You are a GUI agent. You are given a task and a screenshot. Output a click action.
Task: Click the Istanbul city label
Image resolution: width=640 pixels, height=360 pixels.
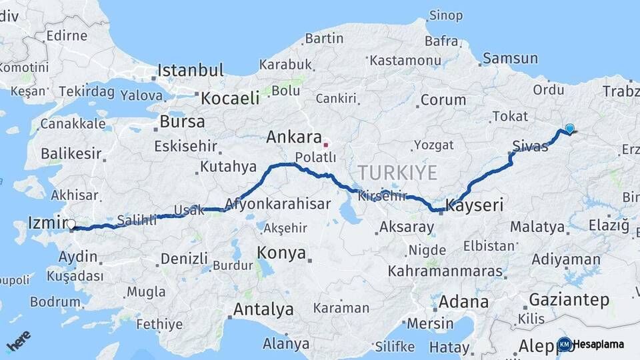coord(191,71)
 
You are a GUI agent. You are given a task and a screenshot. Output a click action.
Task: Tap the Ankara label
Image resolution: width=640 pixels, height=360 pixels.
coord(294,137)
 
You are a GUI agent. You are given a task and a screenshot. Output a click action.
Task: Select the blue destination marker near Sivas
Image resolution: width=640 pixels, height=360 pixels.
coord(569,129)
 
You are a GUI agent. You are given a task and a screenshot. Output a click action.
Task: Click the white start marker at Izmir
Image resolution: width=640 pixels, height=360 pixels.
coord(71,225)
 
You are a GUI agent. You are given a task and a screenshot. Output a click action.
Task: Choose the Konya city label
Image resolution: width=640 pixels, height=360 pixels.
coord(281,253)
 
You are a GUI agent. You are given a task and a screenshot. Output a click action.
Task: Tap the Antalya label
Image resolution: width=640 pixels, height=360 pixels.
coord(263,309)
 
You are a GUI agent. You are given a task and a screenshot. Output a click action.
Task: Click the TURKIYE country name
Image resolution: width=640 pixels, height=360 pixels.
coord(398,173)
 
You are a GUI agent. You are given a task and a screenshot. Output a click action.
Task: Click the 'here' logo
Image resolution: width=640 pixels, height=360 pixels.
coord(18,341)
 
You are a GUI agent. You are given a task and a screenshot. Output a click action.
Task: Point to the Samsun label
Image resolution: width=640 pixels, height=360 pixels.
coord(510,59)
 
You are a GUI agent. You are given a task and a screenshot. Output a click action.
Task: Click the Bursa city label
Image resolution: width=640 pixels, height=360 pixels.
coord(182,122)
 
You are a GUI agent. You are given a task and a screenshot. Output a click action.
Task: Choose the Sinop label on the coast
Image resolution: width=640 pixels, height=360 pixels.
coord(446,15)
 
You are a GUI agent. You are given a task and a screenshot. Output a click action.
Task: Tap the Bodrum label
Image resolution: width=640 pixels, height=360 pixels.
coord(55,301)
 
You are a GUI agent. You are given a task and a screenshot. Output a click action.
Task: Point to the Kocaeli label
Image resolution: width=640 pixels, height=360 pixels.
coord(230,98)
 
